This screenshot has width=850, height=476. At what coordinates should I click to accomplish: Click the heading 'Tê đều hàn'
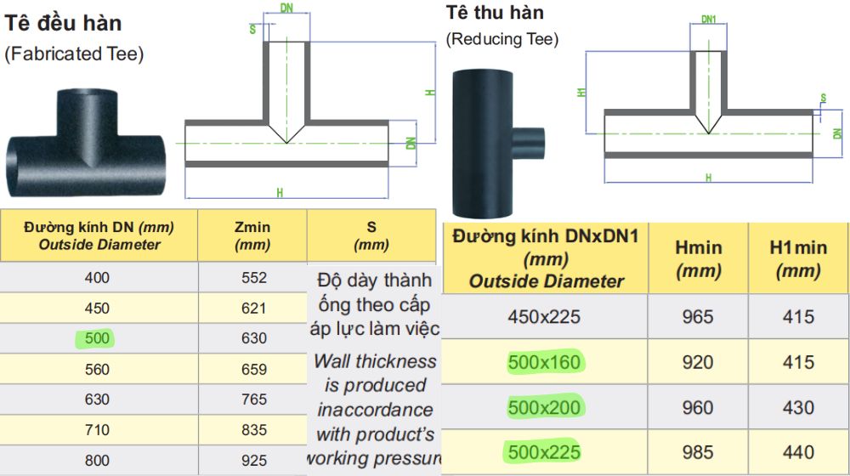[63, 23]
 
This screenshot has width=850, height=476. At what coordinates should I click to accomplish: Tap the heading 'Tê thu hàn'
[495, 13]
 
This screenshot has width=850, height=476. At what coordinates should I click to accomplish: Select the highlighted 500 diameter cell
[97, 338]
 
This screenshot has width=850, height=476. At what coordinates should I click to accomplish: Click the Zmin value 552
[253, 278]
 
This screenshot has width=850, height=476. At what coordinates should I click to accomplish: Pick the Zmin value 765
[253, 399]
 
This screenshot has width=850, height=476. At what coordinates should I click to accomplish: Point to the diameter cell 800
[97, 461]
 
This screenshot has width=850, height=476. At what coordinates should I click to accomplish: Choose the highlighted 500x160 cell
[544, 362]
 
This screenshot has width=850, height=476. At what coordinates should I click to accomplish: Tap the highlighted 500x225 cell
[544, 452]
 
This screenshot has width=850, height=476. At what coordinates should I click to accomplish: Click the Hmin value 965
[698, 316]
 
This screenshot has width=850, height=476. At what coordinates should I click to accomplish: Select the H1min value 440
[798, 452]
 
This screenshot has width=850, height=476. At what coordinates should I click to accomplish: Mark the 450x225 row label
[544, 316]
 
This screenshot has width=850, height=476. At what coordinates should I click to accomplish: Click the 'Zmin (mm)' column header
[252, 235]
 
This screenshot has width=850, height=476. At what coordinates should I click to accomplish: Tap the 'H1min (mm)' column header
[798, 258]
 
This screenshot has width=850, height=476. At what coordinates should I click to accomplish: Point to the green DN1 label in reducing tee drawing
[709, 20]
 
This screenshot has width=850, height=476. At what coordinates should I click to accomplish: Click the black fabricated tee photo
[86, 142]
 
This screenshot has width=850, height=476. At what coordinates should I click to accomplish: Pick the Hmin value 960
[698, 407]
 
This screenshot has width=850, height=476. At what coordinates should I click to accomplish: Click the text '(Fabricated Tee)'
[74, 54]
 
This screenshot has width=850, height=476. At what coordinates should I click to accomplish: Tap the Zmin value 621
[253, 308]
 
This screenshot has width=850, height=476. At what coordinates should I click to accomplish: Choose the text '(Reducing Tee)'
[502, 39]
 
